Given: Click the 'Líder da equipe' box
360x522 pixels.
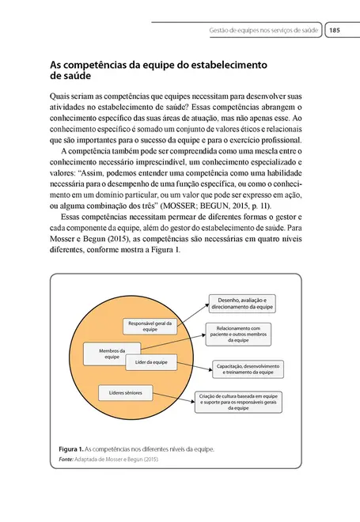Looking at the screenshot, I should pos(150,361).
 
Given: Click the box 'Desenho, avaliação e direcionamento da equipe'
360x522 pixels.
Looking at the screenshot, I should pos(244,303).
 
